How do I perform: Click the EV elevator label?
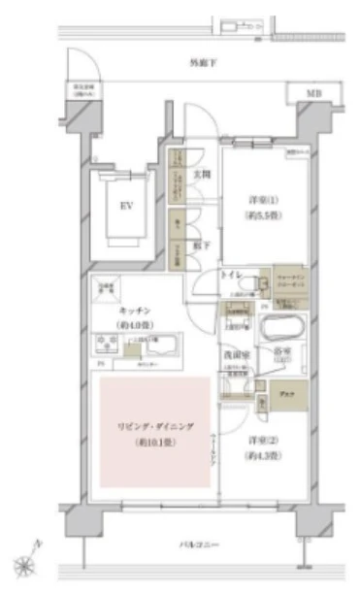point(125,206)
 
